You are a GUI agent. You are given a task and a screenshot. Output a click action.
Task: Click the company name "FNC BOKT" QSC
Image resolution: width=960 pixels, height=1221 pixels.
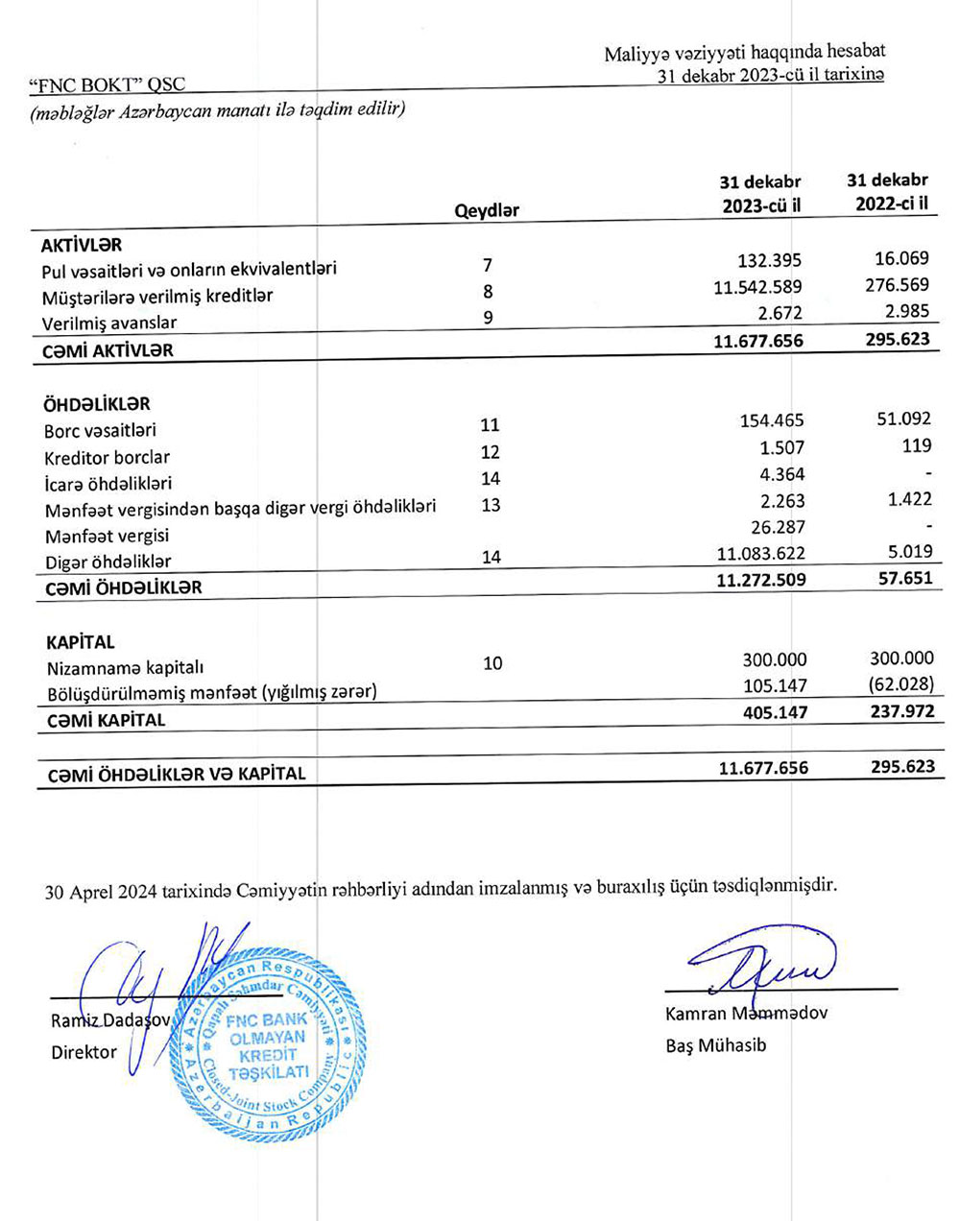tap(108, 87)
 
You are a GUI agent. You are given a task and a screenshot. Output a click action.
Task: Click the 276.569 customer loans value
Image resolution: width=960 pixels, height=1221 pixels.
tap(897, 285)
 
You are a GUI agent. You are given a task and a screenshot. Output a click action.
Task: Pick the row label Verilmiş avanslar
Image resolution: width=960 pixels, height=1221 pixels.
tap(109, 323)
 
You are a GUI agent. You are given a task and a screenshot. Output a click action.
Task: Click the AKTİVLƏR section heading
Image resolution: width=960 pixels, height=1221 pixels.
tap(82, 246)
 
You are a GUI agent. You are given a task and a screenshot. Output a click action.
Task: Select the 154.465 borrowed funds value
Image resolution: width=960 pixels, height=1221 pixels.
tap(772, 420)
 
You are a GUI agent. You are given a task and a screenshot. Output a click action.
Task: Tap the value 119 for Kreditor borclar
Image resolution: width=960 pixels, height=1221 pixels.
tap(917, 445)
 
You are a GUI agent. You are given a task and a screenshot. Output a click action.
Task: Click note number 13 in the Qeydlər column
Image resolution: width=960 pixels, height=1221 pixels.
tap(491, 505)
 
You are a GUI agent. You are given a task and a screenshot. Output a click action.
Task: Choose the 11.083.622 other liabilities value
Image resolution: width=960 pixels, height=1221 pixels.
tap(761, 553)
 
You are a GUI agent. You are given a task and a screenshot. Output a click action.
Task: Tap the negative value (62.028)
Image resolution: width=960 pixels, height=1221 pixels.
tap(899, 684)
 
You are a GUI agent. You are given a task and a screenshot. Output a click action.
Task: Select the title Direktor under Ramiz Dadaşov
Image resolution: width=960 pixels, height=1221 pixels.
tap(84, 1052)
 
